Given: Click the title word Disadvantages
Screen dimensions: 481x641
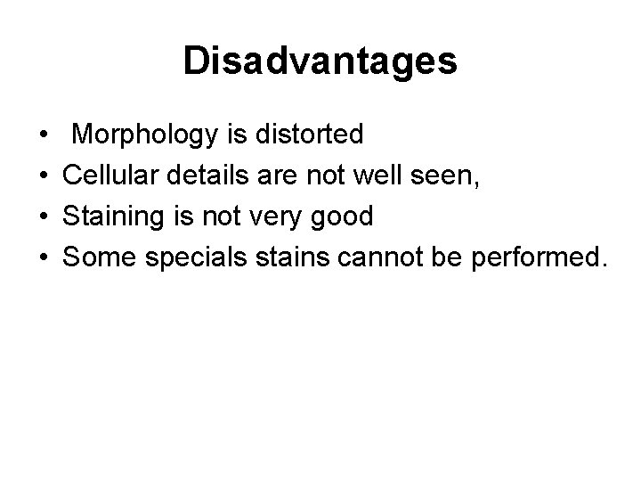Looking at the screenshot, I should pos(320,61).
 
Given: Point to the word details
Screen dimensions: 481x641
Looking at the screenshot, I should pos(215,175).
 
